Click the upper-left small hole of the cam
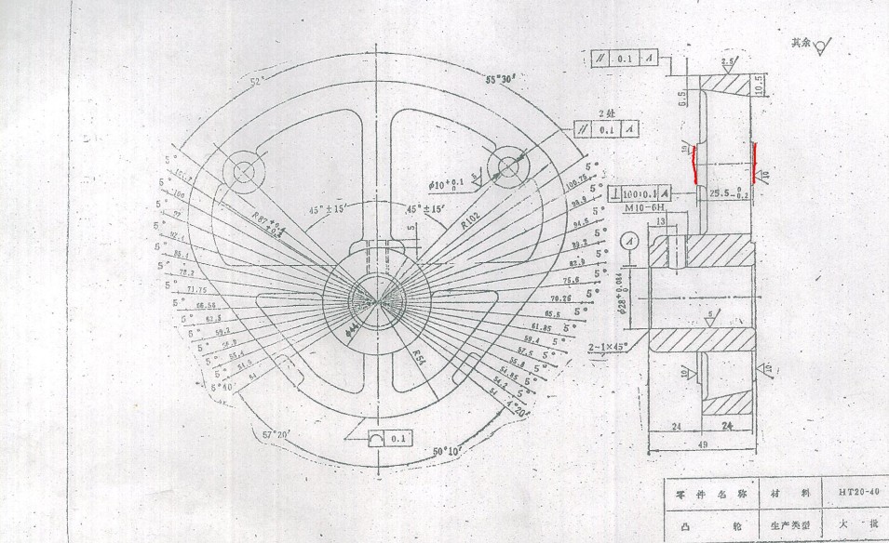click(245, 171)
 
